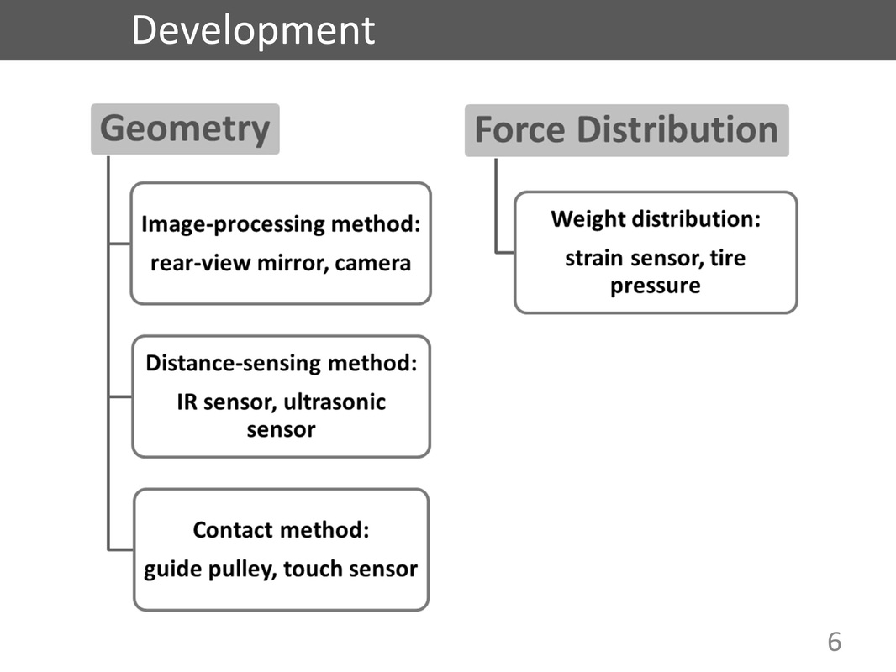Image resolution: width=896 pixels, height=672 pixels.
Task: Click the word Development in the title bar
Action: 253,31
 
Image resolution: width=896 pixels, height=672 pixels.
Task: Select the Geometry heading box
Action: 185,129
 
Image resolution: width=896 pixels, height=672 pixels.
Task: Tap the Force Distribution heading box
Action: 627,130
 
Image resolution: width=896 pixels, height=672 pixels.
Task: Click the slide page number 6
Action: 835,642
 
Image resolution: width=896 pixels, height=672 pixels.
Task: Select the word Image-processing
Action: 233,224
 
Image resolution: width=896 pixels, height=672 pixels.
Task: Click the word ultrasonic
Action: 335,402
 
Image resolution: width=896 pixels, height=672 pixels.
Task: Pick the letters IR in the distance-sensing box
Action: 187,402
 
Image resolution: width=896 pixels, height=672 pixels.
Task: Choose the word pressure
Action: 656,286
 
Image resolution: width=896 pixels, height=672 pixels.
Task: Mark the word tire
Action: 727,258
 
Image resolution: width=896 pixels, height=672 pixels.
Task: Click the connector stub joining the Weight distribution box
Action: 504,252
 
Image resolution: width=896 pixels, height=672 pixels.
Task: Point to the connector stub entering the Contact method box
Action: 120,550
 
